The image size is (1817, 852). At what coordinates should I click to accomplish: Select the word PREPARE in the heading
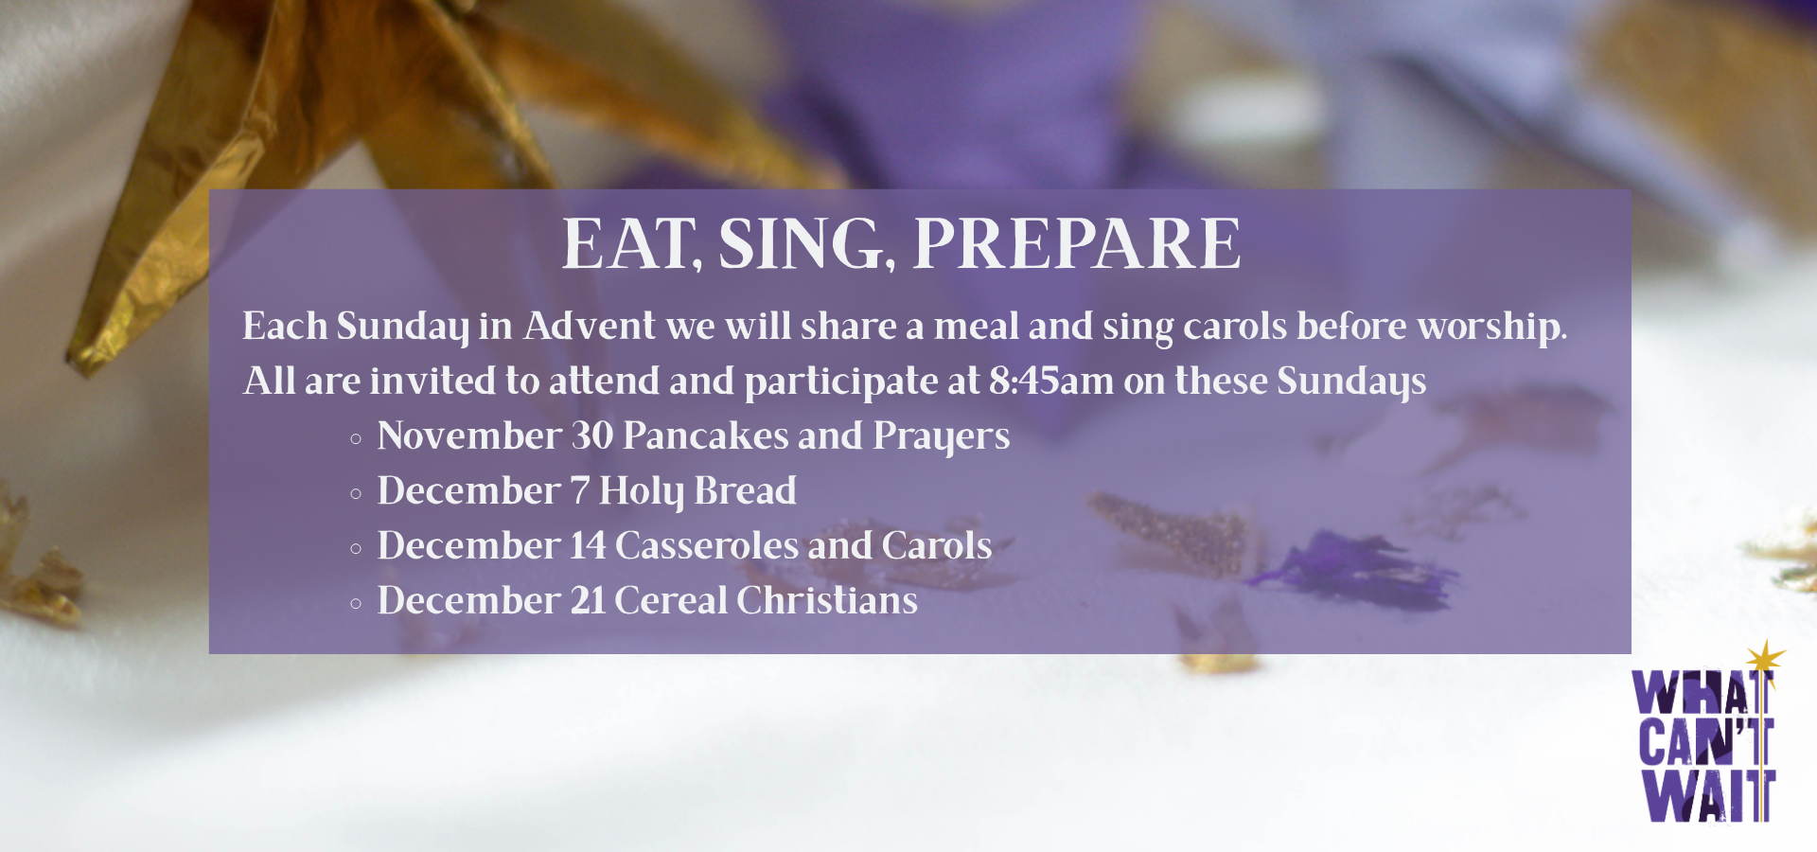click(x=1076, y=244)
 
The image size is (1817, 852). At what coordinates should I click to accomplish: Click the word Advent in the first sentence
click(x=590, y=326)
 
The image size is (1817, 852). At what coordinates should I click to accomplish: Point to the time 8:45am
click(x=1051, y=381)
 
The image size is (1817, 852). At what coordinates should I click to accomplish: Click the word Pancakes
click(x=705, y=435)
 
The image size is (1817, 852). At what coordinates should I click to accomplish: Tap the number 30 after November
click(x=592, y=435)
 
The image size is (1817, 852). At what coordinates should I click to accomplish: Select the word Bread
click(x=746, y=490)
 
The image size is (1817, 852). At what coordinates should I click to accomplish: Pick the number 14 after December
click(x=587, y=545)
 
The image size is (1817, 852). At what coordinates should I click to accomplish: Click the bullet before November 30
click(x=356, y=438)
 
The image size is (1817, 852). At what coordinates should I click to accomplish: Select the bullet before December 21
click(x=356, y=603)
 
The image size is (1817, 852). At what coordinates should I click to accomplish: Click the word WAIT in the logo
click(x=1709, y=795)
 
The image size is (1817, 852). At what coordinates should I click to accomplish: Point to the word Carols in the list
click(x=937, y=545)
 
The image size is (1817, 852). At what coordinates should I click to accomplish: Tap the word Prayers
click(x=942, y=436)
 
